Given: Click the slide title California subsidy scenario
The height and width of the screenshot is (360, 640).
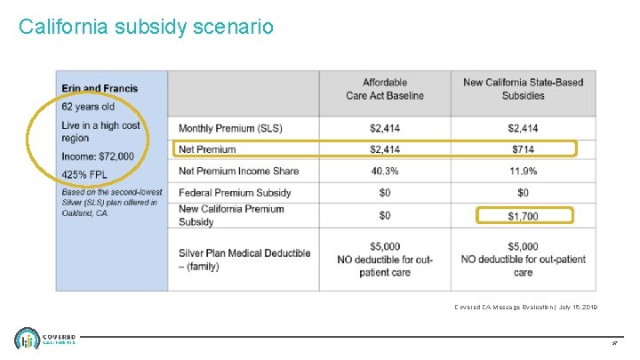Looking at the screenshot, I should pyautogui.click(x=146, y=27).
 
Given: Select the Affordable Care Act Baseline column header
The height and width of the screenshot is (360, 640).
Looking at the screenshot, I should pyautogui.click(x=385, y=89).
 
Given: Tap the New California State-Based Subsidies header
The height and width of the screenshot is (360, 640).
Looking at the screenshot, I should pyautogui.click(x=523, y=89).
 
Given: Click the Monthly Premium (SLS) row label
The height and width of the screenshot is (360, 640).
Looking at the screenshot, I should pyautogui.click(x=230, y=128).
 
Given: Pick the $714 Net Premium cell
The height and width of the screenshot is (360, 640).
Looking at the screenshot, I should pyautogui.click(x=523, y=148).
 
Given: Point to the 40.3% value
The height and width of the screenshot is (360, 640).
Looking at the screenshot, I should pyautogui.click(x=385, y=170).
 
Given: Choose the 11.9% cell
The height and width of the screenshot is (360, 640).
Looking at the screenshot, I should pyautogui.click(x=523, y=170).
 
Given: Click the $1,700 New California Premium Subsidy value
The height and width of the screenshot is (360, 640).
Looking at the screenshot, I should pyautogui.click(x=523, y=216).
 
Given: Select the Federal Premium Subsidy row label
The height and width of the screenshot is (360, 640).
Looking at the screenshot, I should pyautogui.click(x=235, y=192).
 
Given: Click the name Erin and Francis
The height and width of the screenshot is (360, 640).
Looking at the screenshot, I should pyautogui.click(x=98, y=88).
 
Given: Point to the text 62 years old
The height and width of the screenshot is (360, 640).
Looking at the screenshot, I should pyautogui.click(x=88, y=107).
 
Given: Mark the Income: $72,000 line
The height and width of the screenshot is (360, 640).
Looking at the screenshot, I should pyautogui.click(x=98, y=156).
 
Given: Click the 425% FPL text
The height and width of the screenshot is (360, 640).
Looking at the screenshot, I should pyautogui.click(x=85, y=174).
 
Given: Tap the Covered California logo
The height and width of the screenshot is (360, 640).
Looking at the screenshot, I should pyautogui.click(x=44, y=339).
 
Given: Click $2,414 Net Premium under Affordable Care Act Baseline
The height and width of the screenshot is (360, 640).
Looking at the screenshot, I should pyautogui.click(x=385, y=148).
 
